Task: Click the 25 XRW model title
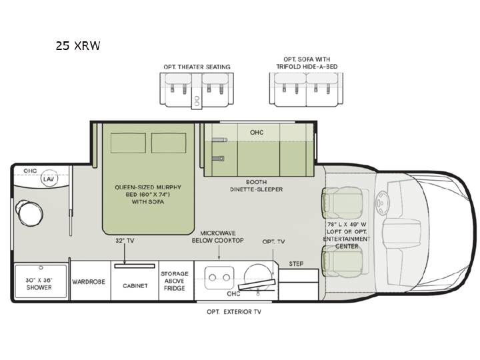(x=78, y=45)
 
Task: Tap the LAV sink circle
(x=49, y=179)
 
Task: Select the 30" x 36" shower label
(x=39, y=284)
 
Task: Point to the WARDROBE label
(x=89, y=281)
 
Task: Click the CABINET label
(x=135, y=285)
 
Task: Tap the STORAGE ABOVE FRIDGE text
(x=175, y=281)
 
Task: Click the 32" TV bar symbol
(x=135, y=266)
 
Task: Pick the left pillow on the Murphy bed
(x=128, y=143)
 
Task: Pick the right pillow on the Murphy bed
(x=169, y=143)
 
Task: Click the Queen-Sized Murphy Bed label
(x=148, y=195)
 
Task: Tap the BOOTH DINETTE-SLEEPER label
(x=257, y=186)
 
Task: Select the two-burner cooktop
(x=219, y=277)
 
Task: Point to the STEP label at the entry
(x=296, y=263)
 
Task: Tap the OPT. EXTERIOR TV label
(x=234, y=311)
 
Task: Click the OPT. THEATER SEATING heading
(x=197, y=67)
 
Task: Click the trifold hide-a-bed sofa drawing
(x=306, y=90)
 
